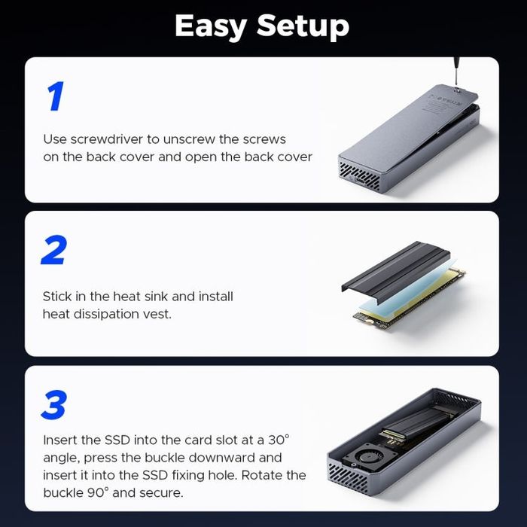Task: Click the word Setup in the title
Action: (x=303, y=27)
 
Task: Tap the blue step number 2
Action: (x=54, y=250)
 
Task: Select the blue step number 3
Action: (x=55, y=404)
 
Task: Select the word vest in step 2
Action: (x=158, y=313)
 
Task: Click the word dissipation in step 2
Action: (x=111, y=313)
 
